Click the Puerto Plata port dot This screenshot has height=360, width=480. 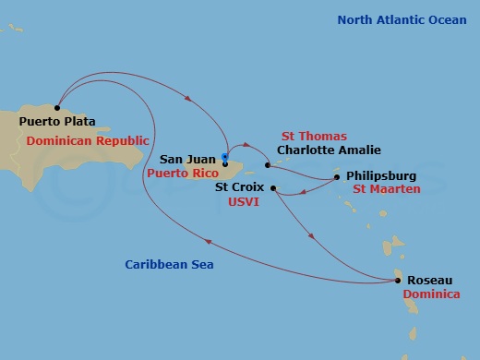(x=57, y=108)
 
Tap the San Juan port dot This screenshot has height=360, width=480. (x=225, y=165)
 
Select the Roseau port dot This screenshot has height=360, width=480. (x=398, y=281)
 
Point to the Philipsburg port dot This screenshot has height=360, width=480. (x=337, y=176)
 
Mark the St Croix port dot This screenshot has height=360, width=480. (x=273, y=187)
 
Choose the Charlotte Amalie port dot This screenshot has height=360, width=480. (x=267, y=165)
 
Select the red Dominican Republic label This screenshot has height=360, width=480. (x=88, y=140)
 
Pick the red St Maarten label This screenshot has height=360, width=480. (x=387, y=189)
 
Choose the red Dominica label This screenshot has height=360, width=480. (x=430, y=294)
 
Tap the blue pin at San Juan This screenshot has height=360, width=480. (x=225, y=156)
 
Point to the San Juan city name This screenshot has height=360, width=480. (x=187, y=159)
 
